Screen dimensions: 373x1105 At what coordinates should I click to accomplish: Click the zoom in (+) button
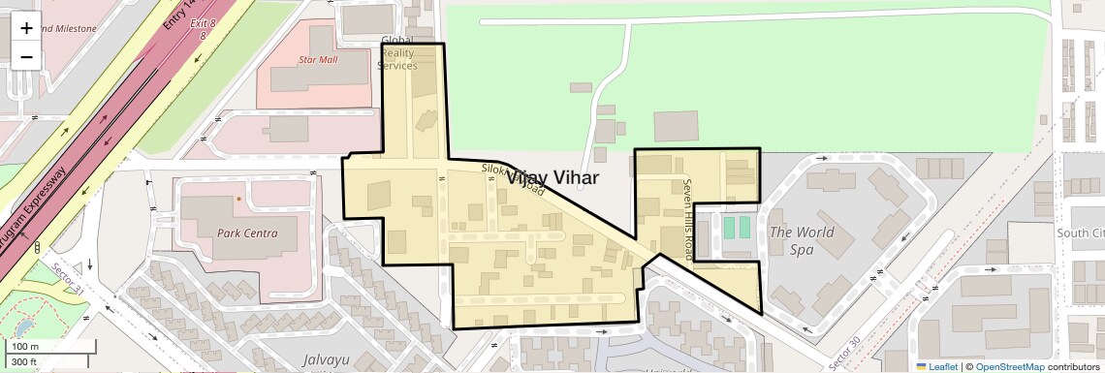[x=26, y=28]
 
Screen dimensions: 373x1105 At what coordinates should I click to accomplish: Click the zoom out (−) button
[x=26, y=56]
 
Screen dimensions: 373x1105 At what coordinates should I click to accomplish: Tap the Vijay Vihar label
[x=551, y=178]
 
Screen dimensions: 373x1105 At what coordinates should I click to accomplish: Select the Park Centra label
[x=247, y=233]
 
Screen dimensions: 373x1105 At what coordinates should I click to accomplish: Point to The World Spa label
[x=801, y=240]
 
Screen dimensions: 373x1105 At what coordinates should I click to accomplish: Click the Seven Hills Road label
[x=689, y=219]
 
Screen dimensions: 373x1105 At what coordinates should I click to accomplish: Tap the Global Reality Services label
[x=397, y=53]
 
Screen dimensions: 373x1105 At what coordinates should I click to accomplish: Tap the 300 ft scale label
[x=24, y=362]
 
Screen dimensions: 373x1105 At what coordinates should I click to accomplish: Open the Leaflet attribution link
[x=938, y=366]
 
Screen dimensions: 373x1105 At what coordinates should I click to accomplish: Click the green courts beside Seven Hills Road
[x=737, y=227]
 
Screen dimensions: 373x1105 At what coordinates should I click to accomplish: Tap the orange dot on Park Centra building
[x=238, y=199]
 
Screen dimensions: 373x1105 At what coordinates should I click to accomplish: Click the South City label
[x=1082, y=233]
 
